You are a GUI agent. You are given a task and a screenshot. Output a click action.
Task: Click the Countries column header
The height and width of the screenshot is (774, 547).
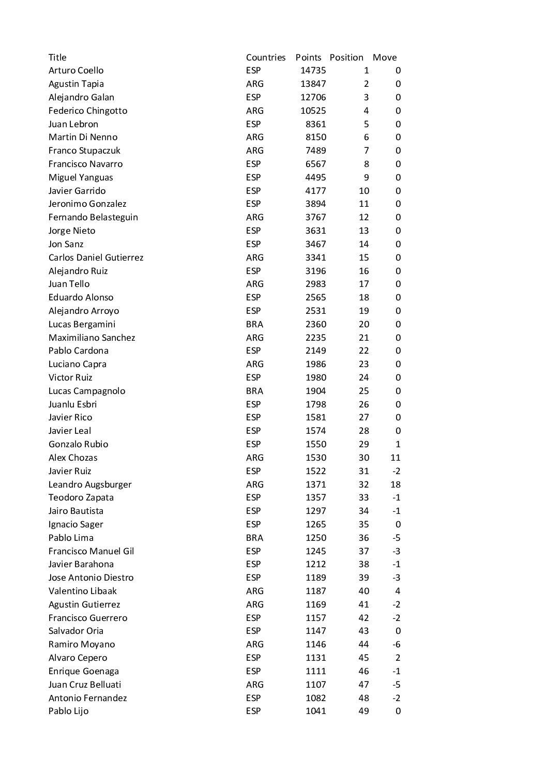pyautogui.click(x=266, y=57)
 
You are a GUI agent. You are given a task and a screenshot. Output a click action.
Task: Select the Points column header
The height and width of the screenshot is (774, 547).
pyautogui.click(x=308, y=57)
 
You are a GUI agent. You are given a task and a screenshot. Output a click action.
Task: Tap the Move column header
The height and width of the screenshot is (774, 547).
pyautogui.click(x=385, y=57)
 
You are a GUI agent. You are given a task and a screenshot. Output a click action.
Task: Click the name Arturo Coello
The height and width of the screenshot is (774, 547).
pyautogui.click(x=76, y=70)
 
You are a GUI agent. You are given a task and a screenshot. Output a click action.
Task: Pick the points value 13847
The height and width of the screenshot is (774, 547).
pyautogui.click(x=313, y=84)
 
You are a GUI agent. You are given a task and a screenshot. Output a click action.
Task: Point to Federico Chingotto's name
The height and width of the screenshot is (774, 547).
pyautogui.click(x=87, y=111)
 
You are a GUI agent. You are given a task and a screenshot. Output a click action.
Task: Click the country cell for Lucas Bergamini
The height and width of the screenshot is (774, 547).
pyautogui.click(x=254, y=324)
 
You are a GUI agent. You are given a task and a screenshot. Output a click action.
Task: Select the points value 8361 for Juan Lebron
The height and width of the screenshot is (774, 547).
pyautogui.click(x=315, y=124)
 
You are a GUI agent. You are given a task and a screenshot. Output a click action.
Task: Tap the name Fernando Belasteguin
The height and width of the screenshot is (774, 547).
pyautogui.click(x=93, y=217)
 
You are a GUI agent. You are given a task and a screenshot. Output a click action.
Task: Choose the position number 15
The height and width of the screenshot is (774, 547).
pyautogui.click(x=363, y=257)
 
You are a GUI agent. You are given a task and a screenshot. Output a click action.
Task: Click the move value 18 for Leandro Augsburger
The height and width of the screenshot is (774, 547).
pyautogui.click(x=396, y=484)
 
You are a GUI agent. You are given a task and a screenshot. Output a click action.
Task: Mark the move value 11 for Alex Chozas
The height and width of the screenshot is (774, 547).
pyautogui.click(x=396, y=458)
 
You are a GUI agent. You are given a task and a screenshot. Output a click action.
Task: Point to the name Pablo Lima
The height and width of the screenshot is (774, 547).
pyautogui.click(x=71, y=538)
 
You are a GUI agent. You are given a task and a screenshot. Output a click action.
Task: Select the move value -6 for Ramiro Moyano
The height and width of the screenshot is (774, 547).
pyautogui.click(x=396, y=644)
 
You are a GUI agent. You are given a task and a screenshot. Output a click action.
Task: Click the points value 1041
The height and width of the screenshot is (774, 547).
pyautogui.click(x=315, y=711)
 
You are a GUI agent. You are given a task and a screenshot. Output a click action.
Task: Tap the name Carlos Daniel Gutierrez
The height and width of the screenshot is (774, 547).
pyautogui.click(x=96, y=257)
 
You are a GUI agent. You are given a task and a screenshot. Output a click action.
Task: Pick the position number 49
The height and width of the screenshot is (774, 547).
pyautogui.click(x=363, y=711)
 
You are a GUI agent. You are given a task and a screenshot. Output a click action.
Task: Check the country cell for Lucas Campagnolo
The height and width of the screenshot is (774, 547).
pyautogui.click(x=254, y=391)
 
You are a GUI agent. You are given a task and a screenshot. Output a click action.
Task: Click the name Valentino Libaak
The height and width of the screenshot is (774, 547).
pyautogui.click(x=83, y=591)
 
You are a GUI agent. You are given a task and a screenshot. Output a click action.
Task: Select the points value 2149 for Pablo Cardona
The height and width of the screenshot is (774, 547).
pyautogui.click(x=315, y=351)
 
